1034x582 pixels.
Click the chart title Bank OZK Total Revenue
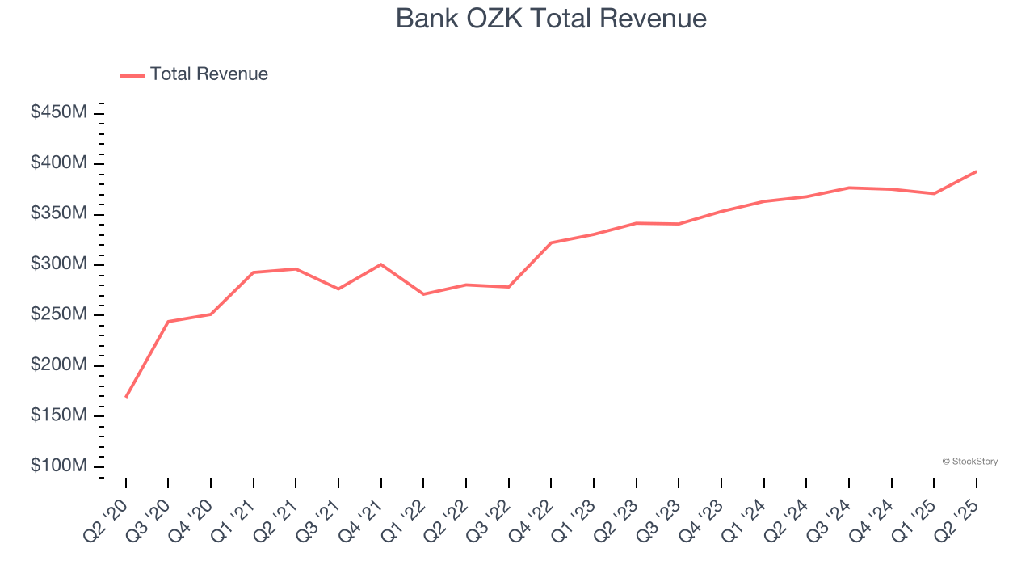pos(551,19)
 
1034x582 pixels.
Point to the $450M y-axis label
pos(59,112)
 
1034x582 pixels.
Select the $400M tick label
pos(59,163)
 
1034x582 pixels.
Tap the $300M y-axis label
pos(59,264)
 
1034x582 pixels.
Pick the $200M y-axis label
pos(59,365)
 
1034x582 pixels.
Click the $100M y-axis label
pos(59,466)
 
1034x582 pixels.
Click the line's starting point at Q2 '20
pos(126,397)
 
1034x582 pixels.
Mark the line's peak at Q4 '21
pos(381,264)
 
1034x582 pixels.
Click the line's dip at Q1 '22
pos(423,294)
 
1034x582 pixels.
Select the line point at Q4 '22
pos(551,242)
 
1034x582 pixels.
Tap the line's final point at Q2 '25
pos(976,171)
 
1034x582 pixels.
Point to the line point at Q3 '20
pos(168,322)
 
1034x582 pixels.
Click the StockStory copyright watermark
pos(969,462)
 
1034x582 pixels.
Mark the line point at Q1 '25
pos(934,193)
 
